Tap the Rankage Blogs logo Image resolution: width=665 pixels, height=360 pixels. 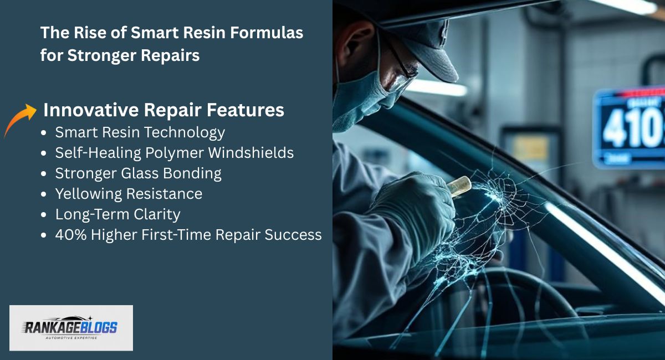coord(71,327)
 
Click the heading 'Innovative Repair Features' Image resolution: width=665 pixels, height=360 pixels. coord(163,110)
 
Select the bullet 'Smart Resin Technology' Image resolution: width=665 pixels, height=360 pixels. coord(140,132)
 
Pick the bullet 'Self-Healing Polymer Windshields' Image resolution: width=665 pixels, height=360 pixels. coord(174,153)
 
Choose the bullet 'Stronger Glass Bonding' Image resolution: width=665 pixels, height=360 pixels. coord(138,173)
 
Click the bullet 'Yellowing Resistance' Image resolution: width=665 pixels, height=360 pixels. coord(129,194)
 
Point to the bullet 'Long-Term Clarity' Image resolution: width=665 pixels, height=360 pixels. coord(117,214)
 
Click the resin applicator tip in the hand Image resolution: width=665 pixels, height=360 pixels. coord(459,186)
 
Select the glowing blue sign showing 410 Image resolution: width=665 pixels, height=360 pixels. coord(629,127)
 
